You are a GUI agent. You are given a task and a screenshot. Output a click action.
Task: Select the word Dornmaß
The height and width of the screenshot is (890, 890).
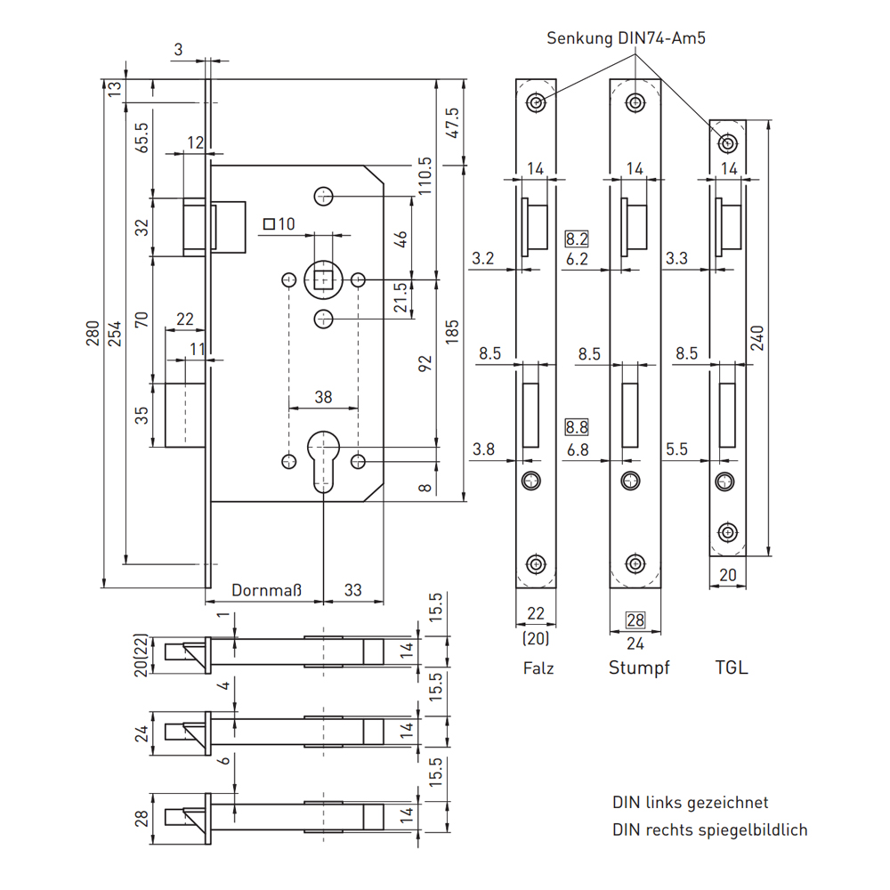pos(267,589)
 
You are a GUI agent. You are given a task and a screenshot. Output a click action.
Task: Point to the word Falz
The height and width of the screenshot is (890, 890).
pos(538,667)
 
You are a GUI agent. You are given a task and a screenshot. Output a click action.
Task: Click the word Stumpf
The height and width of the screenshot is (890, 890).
pos(638,667)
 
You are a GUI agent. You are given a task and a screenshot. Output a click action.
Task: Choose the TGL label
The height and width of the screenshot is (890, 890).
pos(732,667)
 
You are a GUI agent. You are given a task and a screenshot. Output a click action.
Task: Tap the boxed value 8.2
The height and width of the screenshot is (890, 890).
pos(577,239)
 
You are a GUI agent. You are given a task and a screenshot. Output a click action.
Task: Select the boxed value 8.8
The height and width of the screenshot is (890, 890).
pos(577,427)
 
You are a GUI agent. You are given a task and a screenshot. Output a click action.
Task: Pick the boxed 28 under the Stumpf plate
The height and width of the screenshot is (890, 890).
pos(635,620)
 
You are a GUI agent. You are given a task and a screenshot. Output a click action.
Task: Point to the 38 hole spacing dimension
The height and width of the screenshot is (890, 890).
pos(323,398)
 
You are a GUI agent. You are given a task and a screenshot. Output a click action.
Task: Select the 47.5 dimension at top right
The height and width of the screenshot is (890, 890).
pos(452,122)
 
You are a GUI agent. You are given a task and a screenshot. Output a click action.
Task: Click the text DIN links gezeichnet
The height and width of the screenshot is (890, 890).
pos(690,803)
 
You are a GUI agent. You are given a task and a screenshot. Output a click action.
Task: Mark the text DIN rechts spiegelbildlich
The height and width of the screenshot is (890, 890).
pos(709,829)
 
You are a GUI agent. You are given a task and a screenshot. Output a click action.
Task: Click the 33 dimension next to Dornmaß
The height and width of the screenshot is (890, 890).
pos(353,589)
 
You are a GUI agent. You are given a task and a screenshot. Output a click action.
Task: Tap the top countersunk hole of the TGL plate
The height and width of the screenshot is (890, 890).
pos(729,142)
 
